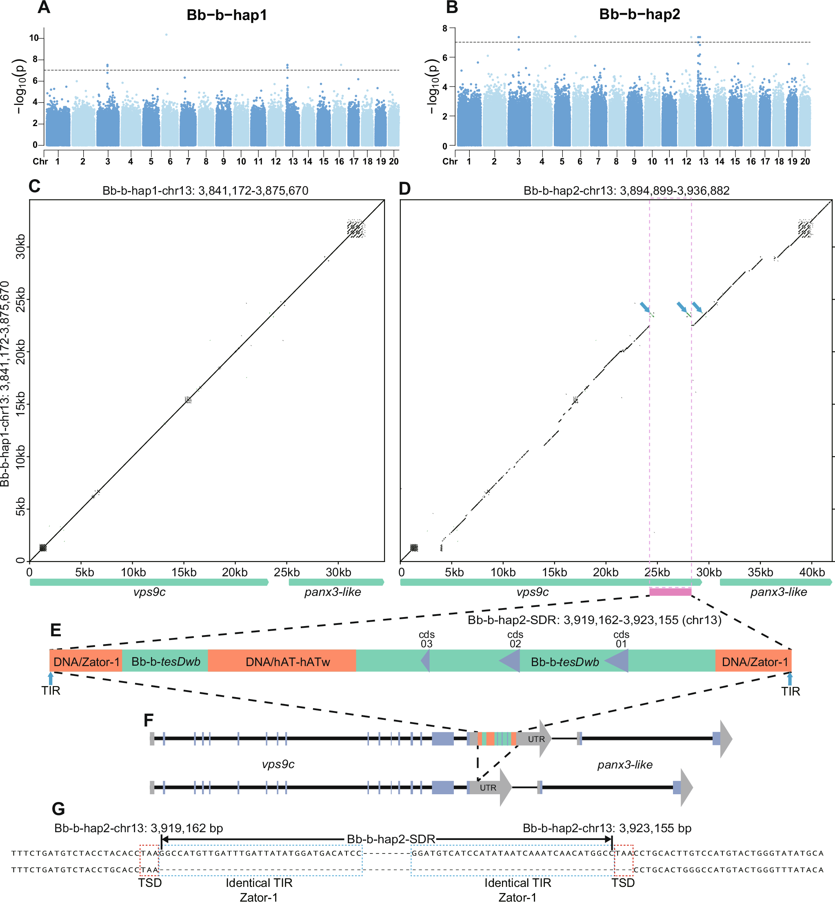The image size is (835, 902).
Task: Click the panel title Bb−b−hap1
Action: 227,16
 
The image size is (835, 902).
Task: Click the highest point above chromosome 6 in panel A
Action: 167,35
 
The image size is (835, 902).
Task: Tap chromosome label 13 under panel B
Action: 704,162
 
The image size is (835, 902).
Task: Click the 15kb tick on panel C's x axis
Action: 184,573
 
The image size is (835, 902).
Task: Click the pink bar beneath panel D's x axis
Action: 670,592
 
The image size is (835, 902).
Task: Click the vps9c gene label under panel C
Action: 149,592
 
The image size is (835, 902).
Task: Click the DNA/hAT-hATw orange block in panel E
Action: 282,662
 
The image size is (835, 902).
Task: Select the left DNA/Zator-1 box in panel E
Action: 86,662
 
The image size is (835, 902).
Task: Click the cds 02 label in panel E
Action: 515,639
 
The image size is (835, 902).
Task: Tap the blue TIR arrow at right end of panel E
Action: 789,678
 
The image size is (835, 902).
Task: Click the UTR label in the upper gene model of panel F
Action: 536,739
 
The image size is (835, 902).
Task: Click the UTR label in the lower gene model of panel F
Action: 488,788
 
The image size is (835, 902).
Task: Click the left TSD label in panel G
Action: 149,882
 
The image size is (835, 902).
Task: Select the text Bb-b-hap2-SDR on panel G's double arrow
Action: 391,839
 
